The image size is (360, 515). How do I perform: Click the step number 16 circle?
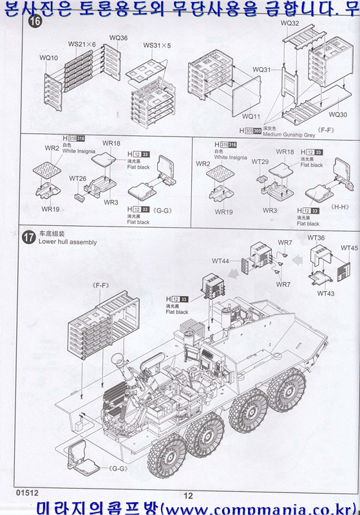[28, 23]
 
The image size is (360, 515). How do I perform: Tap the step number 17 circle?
[28, 237]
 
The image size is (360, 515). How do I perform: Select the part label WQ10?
[48, 58]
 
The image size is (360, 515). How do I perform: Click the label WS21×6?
[82, 44]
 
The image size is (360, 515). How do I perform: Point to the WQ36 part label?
[118, 39]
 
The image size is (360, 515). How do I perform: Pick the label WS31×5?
[157, 46]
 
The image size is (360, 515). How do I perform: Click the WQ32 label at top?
[290, 23]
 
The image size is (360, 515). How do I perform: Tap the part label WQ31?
[261, 70]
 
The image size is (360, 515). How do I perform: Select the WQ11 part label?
[251, 117]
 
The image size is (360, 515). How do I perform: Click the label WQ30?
[337, 115]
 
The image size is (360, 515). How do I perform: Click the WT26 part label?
[77, 178]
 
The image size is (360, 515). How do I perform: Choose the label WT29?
[260, 162]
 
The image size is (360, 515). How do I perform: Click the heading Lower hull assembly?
[68, 243]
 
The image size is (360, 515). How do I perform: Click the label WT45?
[349, 248]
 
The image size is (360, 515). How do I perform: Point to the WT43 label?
[326, 294]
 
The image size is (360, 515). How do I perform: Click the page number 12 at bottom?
[188, 495]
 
